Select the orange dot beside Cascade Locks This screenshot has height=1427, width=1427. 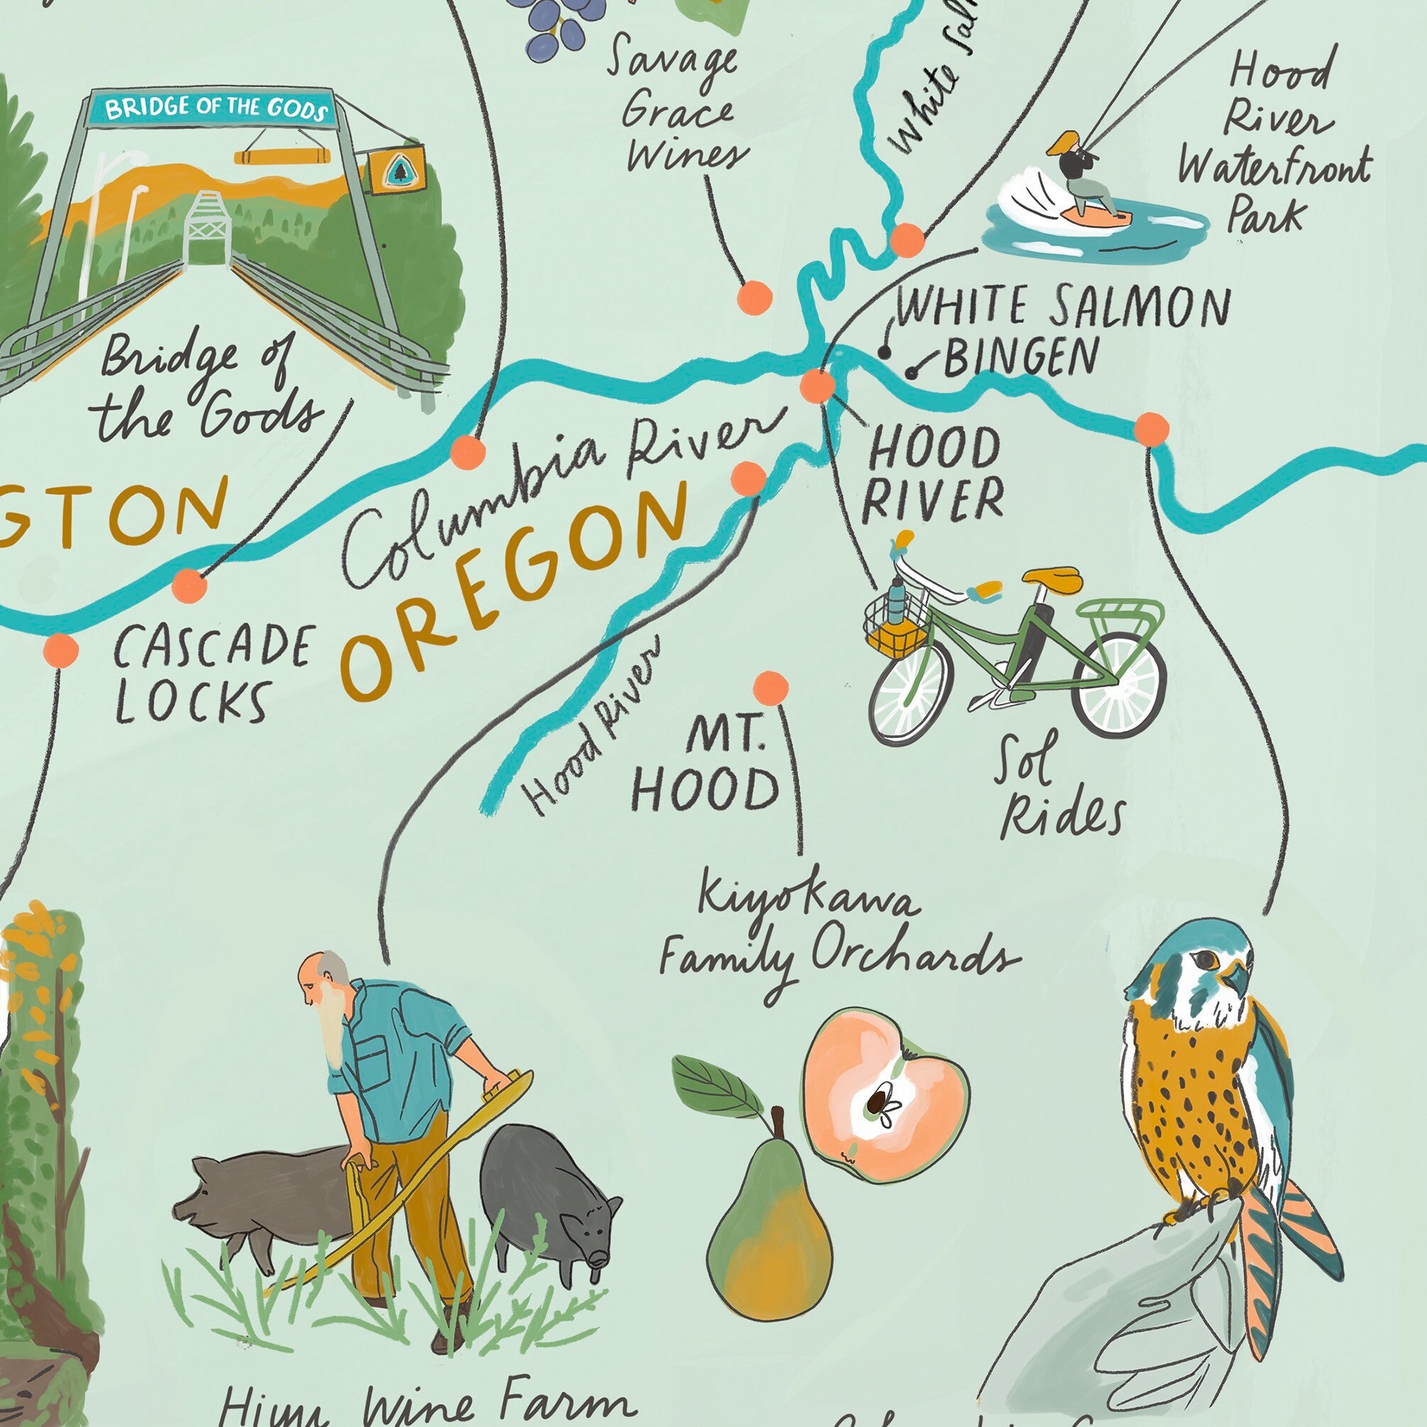pos(60,650)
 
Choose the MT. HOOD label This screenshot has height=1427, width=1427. pos(706,765)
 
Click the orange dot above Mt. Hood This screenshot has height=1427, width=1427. pos(771,687)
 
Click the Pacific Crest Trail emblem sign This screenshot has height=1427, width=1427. pos(397,170)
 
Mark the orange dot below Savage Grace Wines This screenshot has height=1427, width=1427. pos(754,297)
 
